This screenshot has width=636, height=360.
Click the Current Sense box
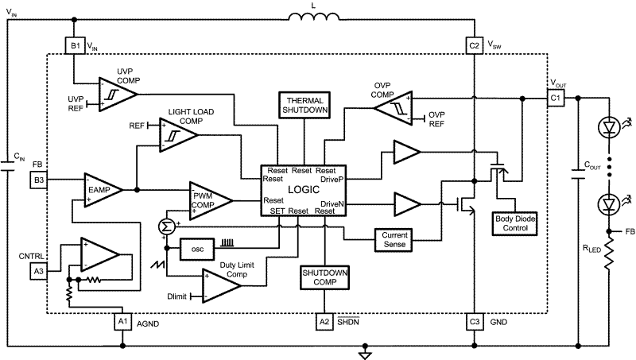(395, 238)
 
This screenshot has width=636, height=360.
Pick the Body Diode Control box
(516, 222)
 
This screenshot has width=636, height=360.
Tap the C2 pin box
(474, 46)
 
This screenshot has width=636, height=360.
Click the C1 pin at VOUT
(554, 97)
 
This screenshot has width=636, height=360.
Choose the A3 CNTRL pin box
(39, 271)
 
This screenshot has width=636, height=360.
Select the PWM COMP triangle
(208, 199)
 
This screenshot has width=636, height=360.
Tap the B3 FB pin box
(39, 181)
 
